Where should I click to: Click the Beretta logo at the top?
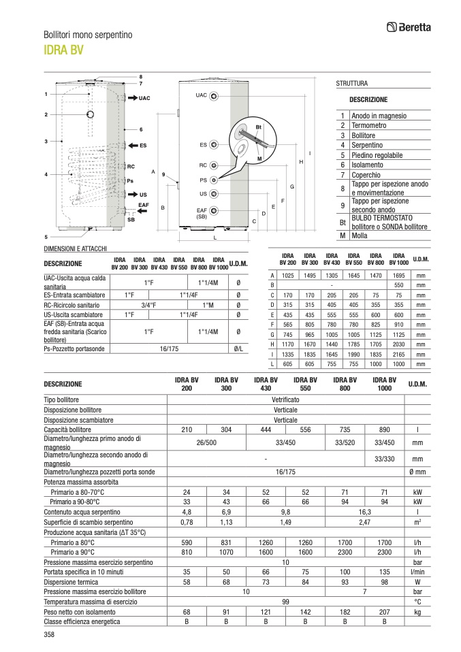pos(411,27)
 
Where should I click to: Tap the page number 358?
pos(49,635)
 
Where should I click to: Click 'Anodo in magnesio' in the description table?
pos(379,116)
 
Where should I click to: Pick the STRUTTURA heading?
pos(351,84)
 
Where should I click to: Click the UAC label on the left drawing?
pos(144,99)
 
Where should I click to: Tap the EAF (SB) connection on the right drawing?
pos(202,213)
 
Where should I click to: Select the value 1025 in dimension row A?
pos(288,275)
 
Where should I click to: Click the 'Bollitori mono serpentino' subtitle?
pos(88,34)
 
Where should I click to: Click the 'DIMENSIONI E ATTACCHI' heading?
pos(76,249)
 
